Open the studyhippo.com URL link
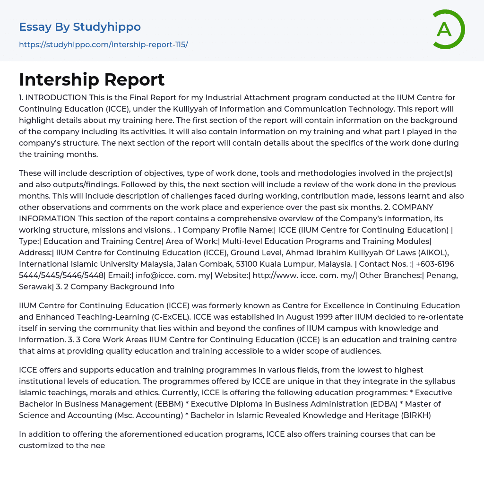coord(104,44)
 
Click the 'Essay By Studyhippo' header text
coord(80,27)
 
